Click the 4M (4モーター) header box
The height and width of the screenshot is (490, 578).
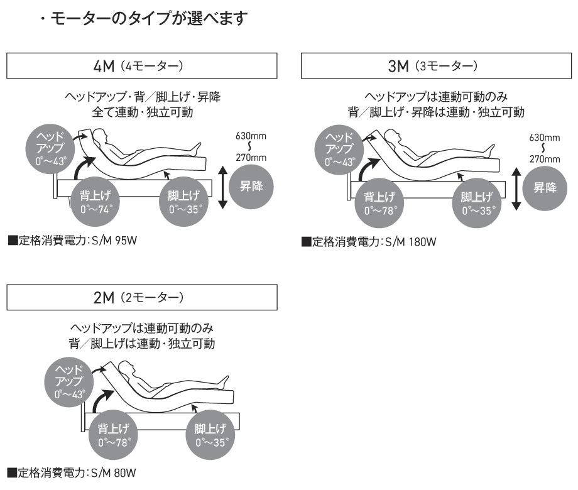(x=142, y=65)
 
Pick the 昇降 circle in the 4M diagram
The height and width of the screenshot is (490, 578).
(x=250, y=187)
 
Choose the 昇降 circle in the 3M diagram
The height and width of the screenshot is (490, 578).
(x=545, y=187)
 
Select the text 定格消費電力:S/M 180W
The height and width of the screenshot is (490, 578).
(x=369, y=242)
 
